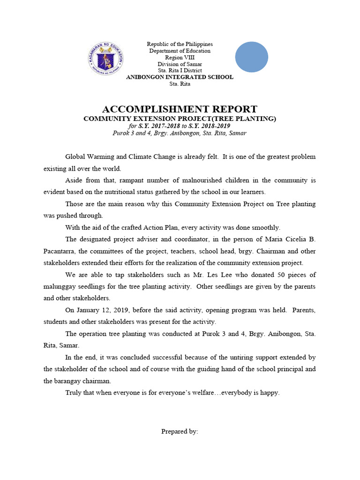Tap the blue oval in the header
(251, 57)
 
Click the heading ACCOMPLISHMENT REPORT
(180, 109)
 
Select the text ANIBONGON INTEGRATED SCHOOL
(180, 77)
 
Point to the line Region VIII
(180, 57)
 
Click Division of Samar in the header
(180, 64)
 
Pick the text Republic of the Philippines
(180, 44)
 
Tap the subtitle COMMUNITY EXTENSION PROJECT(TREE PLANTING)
(180, 119)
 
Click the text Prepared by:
(180, 431)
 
